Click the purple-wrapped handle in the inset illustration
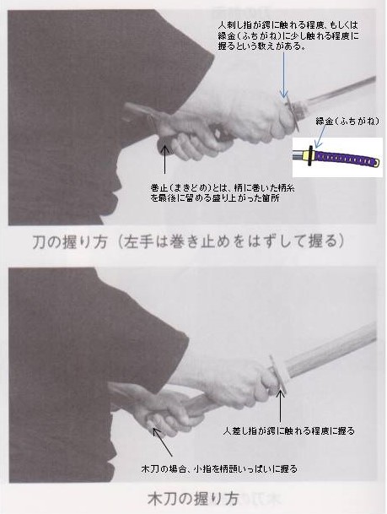[x=346, y=155]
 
